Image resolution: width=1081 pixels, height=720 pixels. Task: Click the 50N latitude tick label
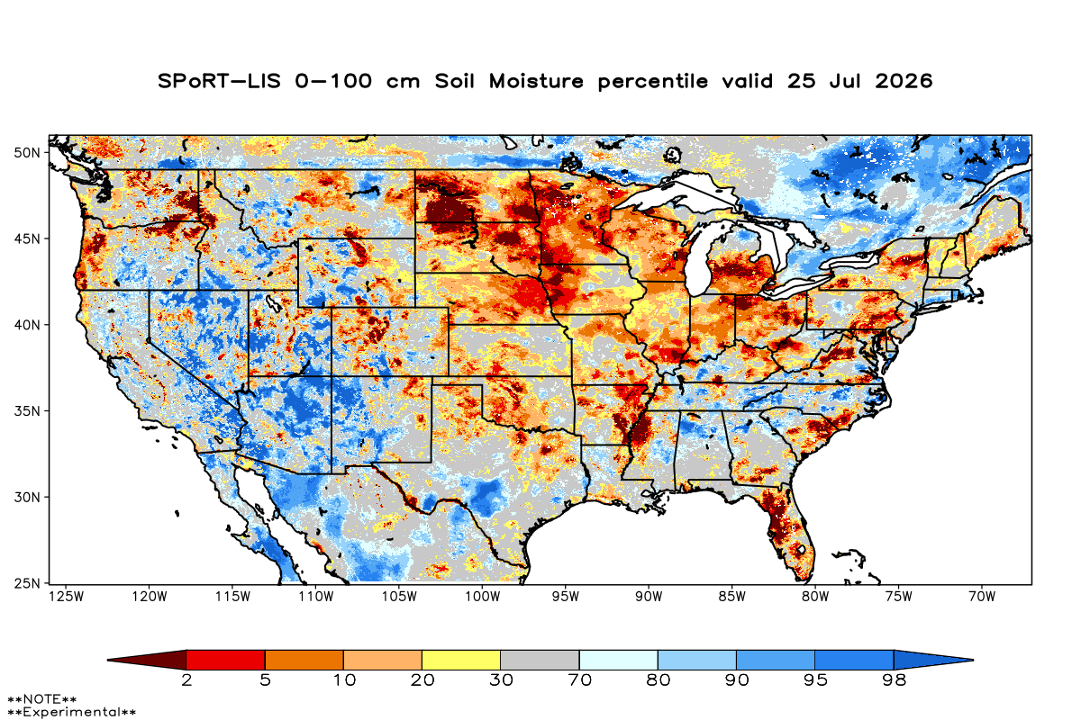tap(26, 153)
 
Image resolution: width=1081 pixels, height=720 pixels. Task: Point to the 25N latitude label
tap(26, 584)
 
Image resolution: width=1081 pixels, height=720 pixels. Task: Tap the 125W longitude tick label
tap(66, 597)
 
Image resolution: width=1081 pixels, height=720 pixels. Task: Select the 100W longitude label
tap(483, 597)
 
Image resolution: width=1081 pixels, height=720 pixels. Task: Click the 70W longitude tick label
tap(982, 597)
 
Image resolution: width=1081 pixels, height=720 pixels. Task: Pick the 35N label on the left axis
tap(26, 411)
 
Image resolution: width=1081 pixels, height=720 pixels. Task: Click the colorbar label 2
tap(186, 680)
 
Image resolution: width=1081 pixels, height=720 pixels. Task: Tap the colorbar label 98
tap(894, 680)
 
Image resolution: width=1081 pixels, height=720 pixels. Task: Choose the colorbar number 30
tap(501, 680)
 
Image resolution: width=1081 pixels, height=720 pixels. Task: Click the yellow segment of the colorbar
tap(461, 660)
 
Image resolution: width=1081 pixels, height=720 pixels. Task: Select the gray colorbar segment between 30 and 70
tap(540, 660)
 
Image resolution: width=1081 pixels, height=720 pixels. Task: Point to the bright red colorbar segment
tap(225, 660)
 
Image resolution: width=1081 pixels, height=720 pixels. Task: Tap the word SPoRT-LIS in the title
tap(219, 81)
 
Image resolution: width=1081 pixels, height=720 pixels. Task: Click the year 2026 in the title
tap(904, 81)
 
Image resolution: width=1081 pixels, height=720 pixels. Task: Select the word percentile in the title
tap(652, 82)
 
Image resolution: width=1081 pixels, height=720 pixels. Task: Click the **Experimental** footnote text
tap(71, 712)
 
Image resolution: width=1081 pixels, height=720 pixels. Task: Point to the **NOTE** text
tap(42, 698)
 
